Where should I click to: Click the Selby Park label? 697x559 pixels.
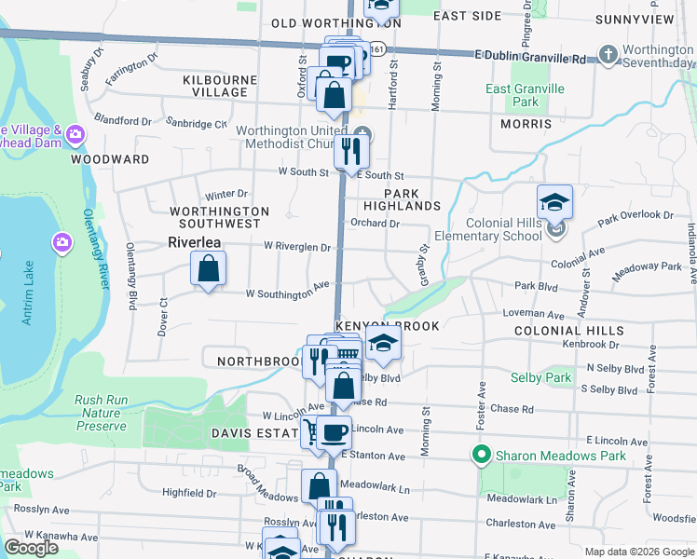(540, 377)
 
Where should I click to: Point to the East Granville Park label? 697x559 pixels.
(512, 95)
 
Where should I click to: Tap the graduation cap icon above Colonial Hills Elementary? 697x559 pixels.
(554, 202)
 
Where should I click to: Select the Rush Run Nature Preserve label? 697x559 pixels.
(101, 413)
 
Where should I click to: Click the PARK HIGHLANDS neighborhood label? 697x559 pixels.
(402, 198)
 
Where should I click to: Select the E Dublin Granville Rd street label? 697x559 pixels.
(529, 58)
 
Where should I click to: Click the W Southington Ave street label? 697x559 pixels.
(288, 293)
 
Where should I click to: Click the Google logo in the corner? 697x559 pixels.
(31, 548)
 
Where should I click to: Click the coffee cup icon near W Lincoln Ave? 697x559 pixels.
(335, 432)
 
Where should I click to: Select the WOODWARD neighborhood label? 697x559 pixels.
(110, 159)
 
